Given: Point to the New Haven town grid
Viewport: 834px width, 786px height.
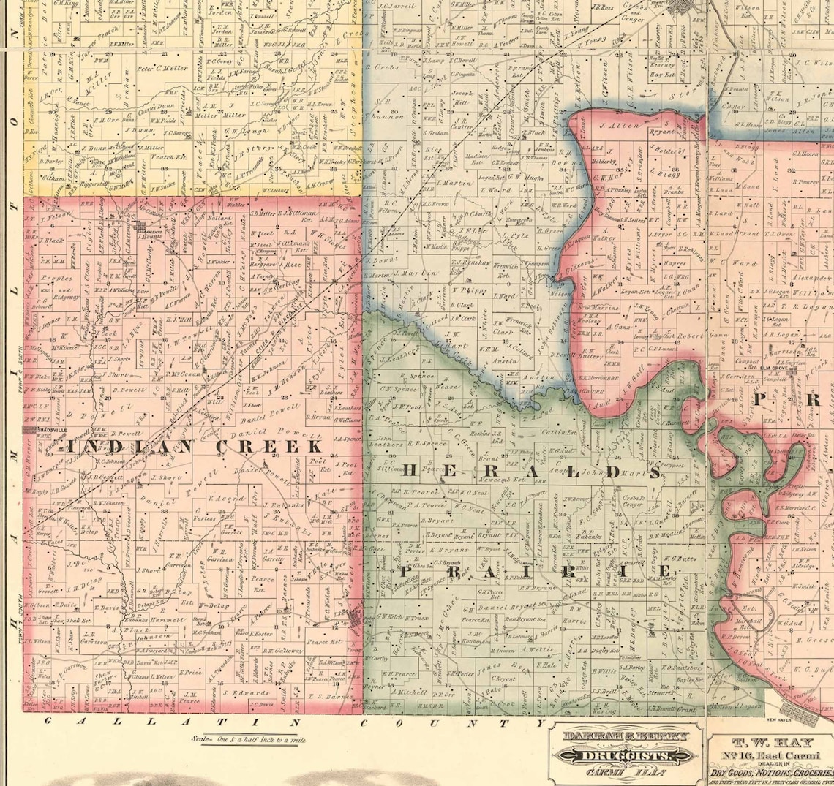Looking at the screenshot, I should click(x=802, y=707).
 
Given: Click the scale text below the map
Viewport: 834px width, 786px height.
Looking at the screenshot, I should click(x=249, y=739).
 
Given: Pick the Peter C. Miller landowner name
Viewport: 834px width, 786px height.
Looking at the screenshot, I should click(x=162, y=69).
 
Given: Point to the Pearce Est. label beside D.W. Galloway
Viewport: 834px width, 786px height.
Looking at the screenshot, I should click(x=324, y=642).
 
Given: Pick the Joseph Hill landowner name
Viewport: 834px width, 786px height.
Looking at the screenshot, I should click(x=462, y=99).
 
